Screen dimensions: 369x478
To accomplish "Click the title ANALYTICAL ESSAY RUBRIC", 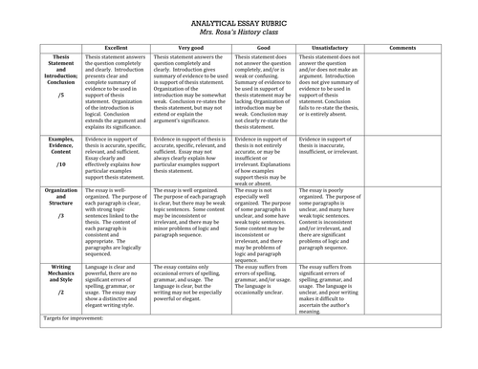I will (x=238, y=17).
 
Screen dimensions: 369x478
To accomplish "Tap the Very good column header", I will (x=189, y=47).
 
